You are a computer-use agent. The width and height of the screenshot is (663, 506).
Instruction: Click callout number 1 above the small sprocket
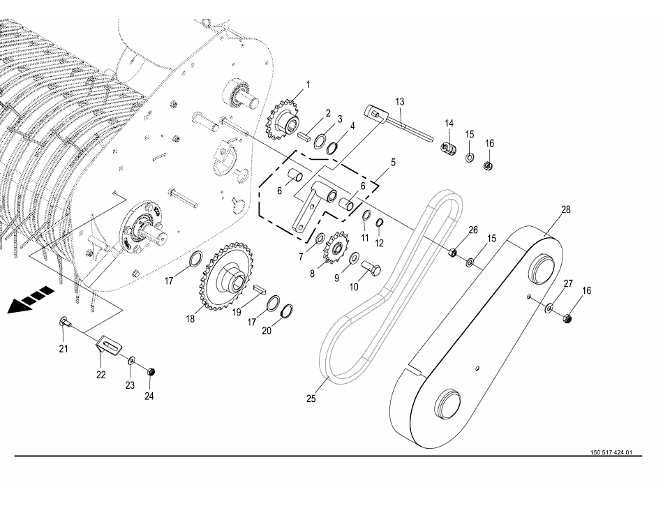click(308, 84)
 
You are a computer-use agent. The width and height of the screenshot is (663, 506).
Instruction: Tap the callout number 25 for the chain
click(311, 399)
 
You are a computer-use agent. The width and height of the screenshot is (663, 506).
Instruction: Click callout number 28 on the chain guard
click(565, 209)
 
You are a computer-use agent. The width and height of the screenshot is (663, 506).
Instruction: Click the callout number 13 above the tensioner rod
click(399, 102)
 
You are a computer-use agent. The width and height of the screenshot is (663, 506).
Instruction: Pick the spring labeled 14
click(448, 149)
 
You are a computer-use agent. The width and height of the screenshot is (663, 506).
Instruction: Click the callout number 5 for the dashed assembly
click(393, 162)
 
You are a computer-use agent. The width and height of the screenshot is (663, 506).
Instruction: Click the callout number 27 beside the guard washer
click(568, 283)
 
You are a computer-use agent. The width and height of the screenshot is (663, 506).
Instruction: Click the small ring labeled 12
click(380, 223)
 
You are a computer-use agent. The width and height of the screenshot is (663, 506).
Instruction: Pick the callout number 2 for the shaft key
click(327, 113)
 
